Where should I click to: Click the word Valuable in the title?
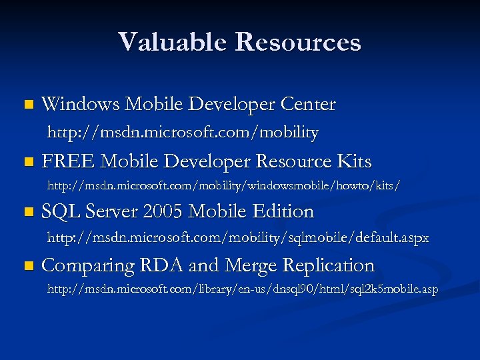(x=171, y=42)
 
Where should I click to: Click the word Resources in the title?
(x=298, y=42)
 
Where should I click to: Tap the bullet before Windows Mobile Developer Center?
(x=27, y=105)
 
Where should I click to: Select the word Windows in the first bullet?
(x=80, y=104)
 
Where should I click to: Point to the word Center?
(x=308, y=104)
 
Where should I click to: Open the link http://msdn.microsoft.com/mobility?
(x=182, y=133)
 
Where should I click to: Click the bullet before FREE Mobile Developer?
(x=27, y=162)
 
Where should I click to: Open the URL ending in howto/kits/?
(x=223, y=183)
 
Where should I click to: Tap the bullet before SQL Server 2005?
(x=27, y=212)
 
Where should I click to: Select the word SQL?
(x=58, y=211)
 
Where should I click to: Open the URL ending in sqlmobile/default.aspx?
(x=237, y=237)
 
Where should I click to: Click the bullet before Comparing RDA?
(x=27, y=266)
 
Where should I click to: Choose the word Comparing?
(x=86, y=266)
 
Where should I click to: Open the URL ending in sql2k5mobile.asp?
(x=242, y=289)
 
